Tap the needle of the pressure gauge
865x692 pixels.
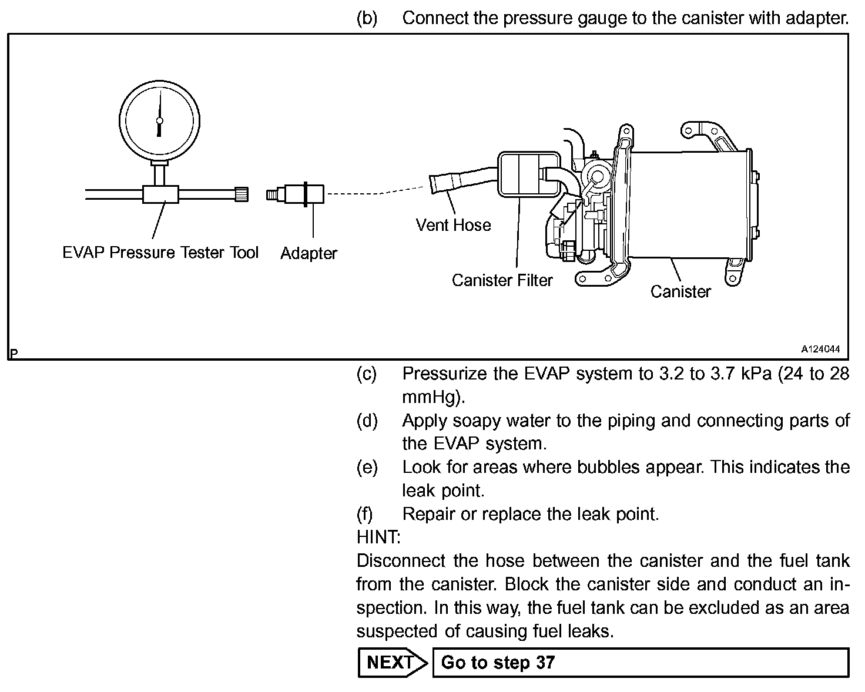point(159,109)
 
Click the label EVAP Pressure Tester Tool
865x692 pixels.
point(160,253)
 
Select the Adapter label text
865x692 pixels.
point(309,253)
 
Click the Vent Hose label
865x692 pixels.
point(453,225)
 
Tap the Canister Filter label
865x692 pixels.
point(502,280)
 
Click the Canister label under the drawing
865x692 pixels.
point(680,291)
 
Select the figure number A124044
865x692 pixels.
point(821,349)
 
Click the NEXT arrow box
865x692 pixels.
point(391,663)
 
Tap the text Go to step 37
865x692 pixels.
point(498,663)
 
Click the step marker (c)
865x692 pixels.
point(367,374)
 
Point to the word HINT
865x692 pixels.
point(378,537)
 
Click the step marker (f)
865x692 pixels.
point(365,514)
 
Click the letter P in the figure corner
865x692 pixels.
point(14,353)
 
